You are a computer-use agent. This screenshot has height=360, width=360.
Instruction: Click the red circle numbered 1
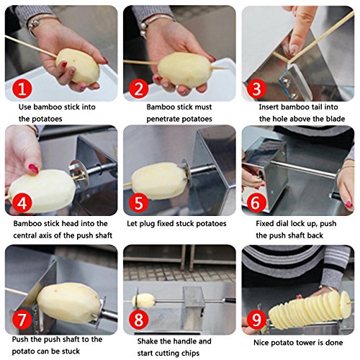(x=22, y=89)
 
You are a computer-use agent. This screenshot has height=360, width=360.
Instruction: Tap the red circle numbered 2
(x=139, y=89)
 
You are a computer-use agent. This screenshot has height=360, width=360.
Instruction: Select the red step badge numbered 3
(x=256, y=89)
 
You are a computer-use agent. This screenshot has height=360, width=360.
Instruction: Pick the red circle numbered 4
(x=22, y=203)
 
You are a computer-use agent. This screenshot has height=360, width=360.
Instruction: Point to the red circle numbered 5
(x=139, y=203)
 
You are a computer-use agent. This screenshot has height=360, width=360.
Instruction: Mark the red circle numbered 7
(x=22, y=320)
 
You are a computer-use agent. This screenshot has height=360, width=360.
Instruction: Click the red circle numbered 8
(x=139, y=320)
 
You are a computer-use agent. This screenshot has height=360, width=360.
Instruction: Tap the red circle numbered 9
(x=256, y=320)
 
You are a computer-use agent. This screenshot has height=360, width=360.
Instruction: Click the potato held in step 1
(x=78, y=66)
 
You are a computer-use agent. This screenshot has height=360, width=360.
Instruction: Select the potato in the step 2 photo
(x=184, y=69)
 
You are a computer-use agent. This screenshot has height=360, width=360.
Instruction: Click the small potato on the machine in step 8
(x=143, y=301)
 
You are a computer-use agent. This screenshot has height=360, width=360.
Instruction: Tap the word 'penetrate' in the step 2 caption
(x=162, y=119)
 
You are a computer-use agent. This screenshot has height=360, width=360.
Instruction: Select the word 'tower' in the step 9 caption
(x=311, y=343)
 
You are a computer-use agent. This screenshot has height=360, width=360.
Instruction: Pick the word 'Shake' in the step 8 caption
(x=148, y=341)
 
